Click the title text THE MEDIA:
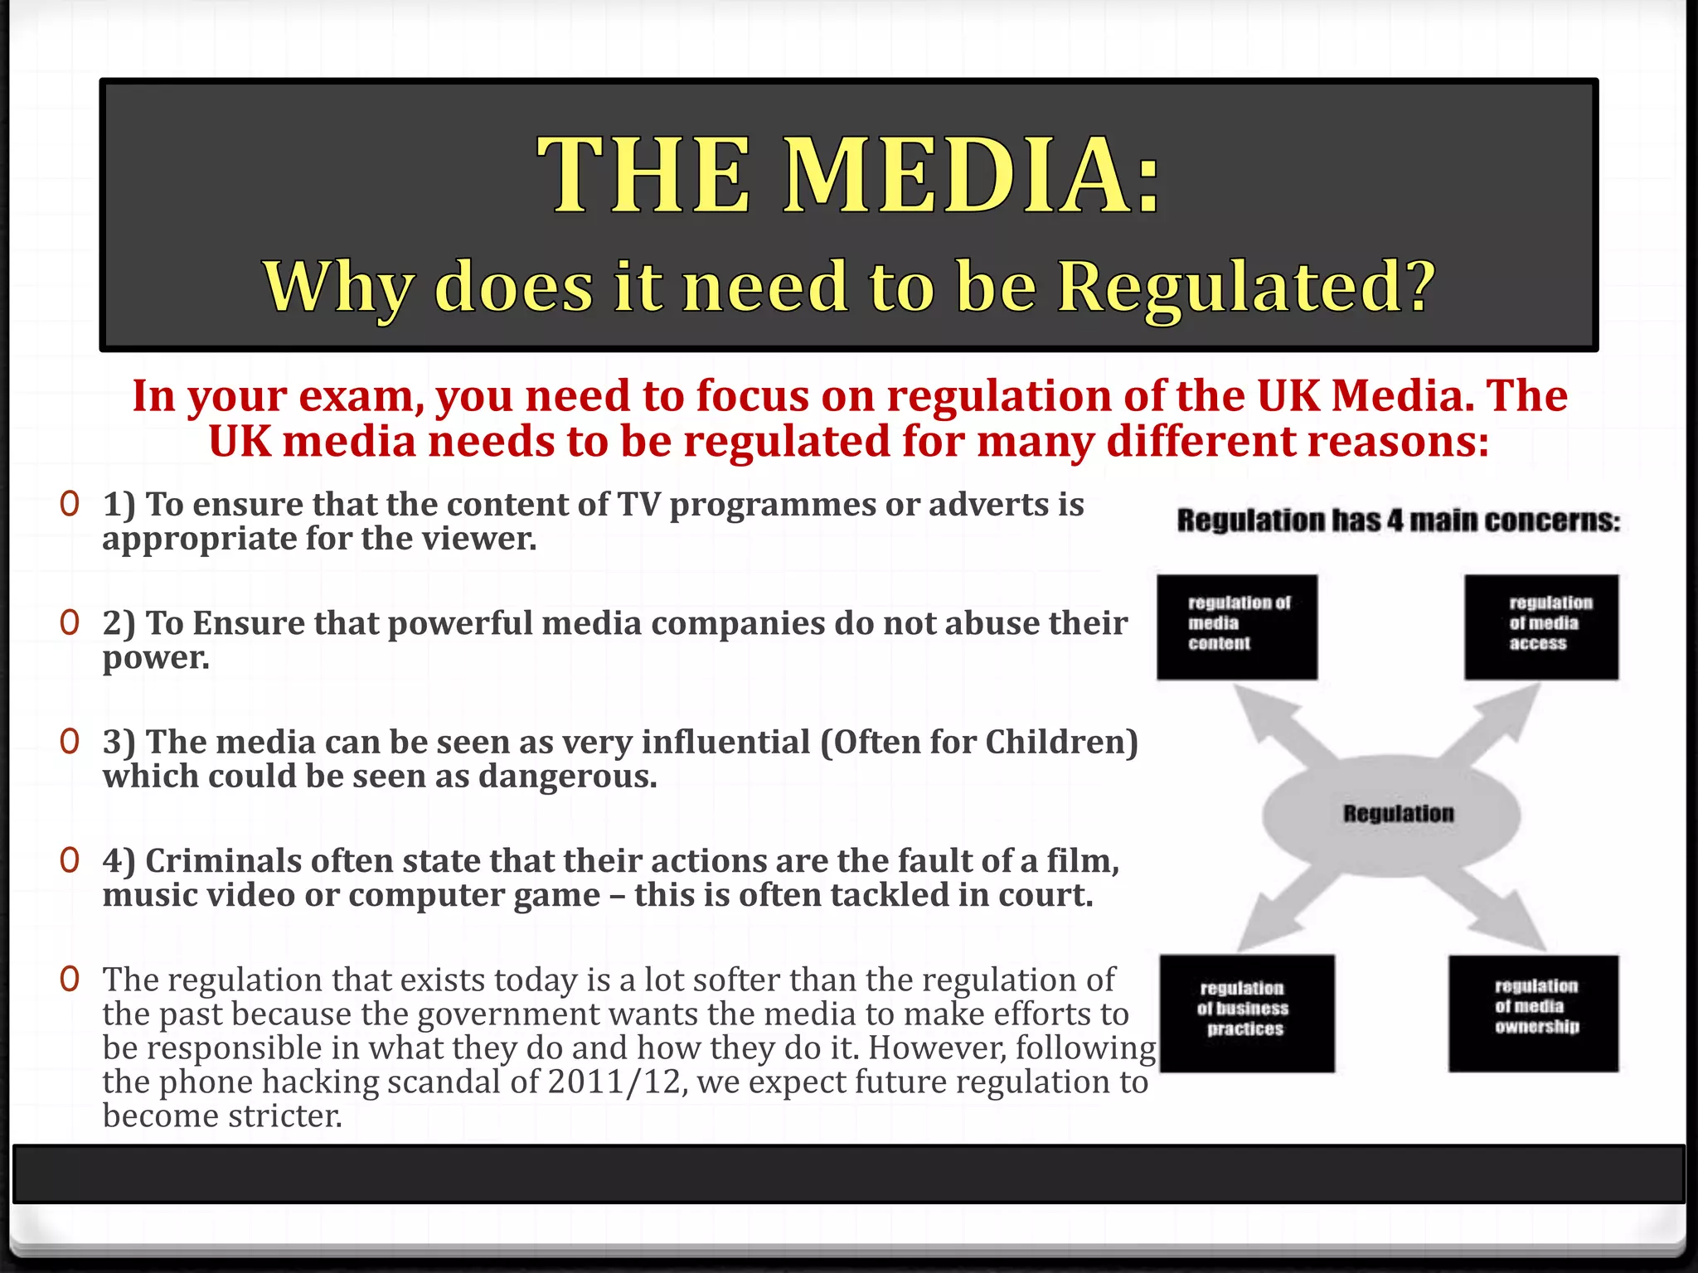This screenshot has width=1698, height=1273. pyautogui.click(x=849, y=176)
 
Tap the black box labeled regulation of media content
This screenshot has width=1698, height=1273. pyautogui.click(x=1237, y=627)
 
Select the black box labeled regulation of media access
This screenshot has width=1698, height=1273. pyautogui.click(x=1540, y=627)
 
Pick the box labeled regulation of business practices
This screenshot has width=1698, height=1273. pyautogui.click(x=1246, y=1013)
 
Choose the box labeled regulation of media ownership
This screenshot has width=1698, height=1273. pyautogui.click(x=1533, y=1013)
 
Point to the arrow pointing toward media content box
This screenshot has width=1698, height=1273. pyautogui.click(x=1277, y=721)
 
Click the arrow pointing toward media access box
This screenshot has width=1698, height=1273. pyautogui.click(x=1492, y=721)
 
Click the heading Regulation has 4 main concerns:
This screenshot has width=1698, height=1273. pyautogui.click(x=1398, y=520)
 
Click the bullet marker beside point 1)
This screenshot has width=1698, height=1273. pyautogui.click(x=70, y=504)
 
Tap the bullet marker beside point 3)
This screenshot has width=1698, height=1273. pyautogui.click(x=70, y=742)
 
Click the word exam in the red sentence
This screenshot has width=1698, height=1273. pyautogui.click(x=357, y=396)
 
